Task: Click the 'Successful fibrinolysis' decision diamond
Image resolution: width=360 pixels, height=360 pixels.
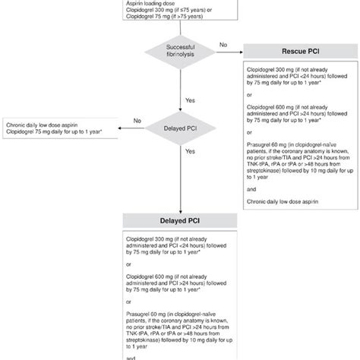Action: [x=180, y=51]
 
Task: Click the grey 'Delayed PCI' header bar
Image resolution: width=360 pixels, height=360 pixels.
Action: [x=180, y=223]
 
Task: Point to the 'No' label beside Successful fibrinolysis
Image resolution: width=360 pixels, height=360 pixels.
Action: [x=222, y=45]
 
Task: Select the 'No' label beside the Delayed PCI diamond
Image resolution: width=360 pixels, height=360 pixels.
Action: [x=137, y=119]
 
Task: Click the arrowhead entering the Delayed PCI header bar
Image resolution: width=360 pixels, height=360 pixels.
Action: [x=180, y=212]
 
